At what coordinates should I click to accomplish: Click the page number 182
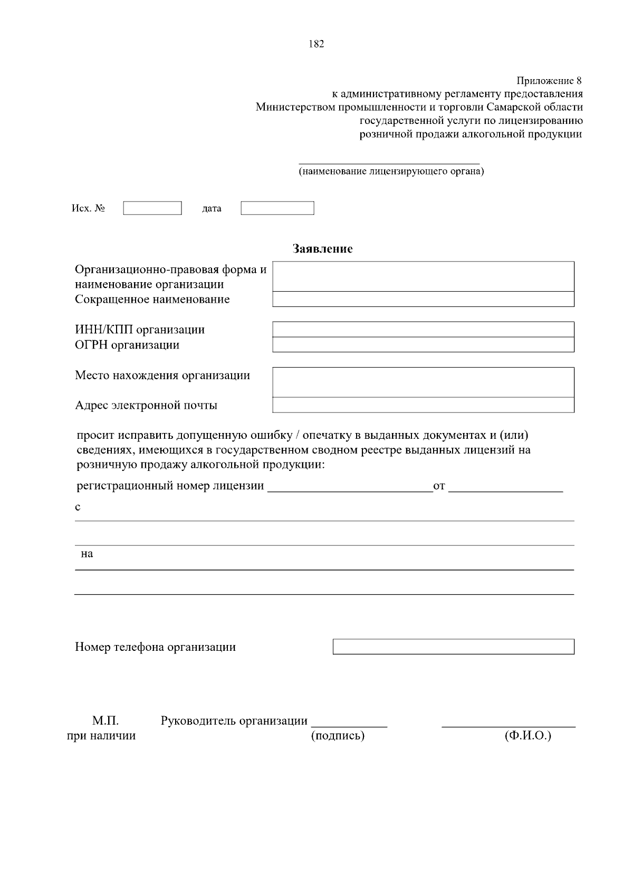point(316,44)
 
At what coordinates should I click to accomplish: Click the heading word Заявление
point(322,249)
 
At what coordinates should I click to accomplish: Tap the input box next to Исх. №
point(152,208)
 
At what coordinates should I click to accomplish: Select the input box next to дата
point(277,208)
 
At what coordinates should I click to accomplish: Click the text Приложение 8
point(549,81)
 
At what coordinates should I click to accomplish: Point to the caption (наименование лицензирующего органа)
point(391,171)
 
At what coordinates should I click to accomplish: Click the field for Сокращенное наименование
point(423,300)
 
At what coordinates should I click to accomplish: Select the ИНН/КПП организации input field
point(423,330)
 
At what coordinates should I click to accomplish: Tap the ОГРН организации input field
point(423,345)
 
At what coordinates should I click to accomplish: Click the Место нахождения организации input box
point(423,382)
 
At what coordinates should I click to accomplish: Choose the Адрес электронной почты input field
point(423,405)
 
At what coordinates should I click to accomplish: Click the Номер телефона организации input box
point(453,647)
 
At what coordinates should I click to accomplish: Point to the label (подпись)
point(338,736)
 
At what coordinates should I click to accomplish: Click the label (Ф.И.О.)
point(527,736)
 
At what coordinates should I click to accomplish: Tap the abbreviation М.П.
point(105,721)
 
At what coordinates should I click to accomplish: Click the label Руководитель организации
point(234,721)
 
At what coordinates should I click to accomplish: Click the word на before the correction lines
point(87,554)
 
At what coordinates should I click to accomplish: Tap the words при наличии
point(101,736)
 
